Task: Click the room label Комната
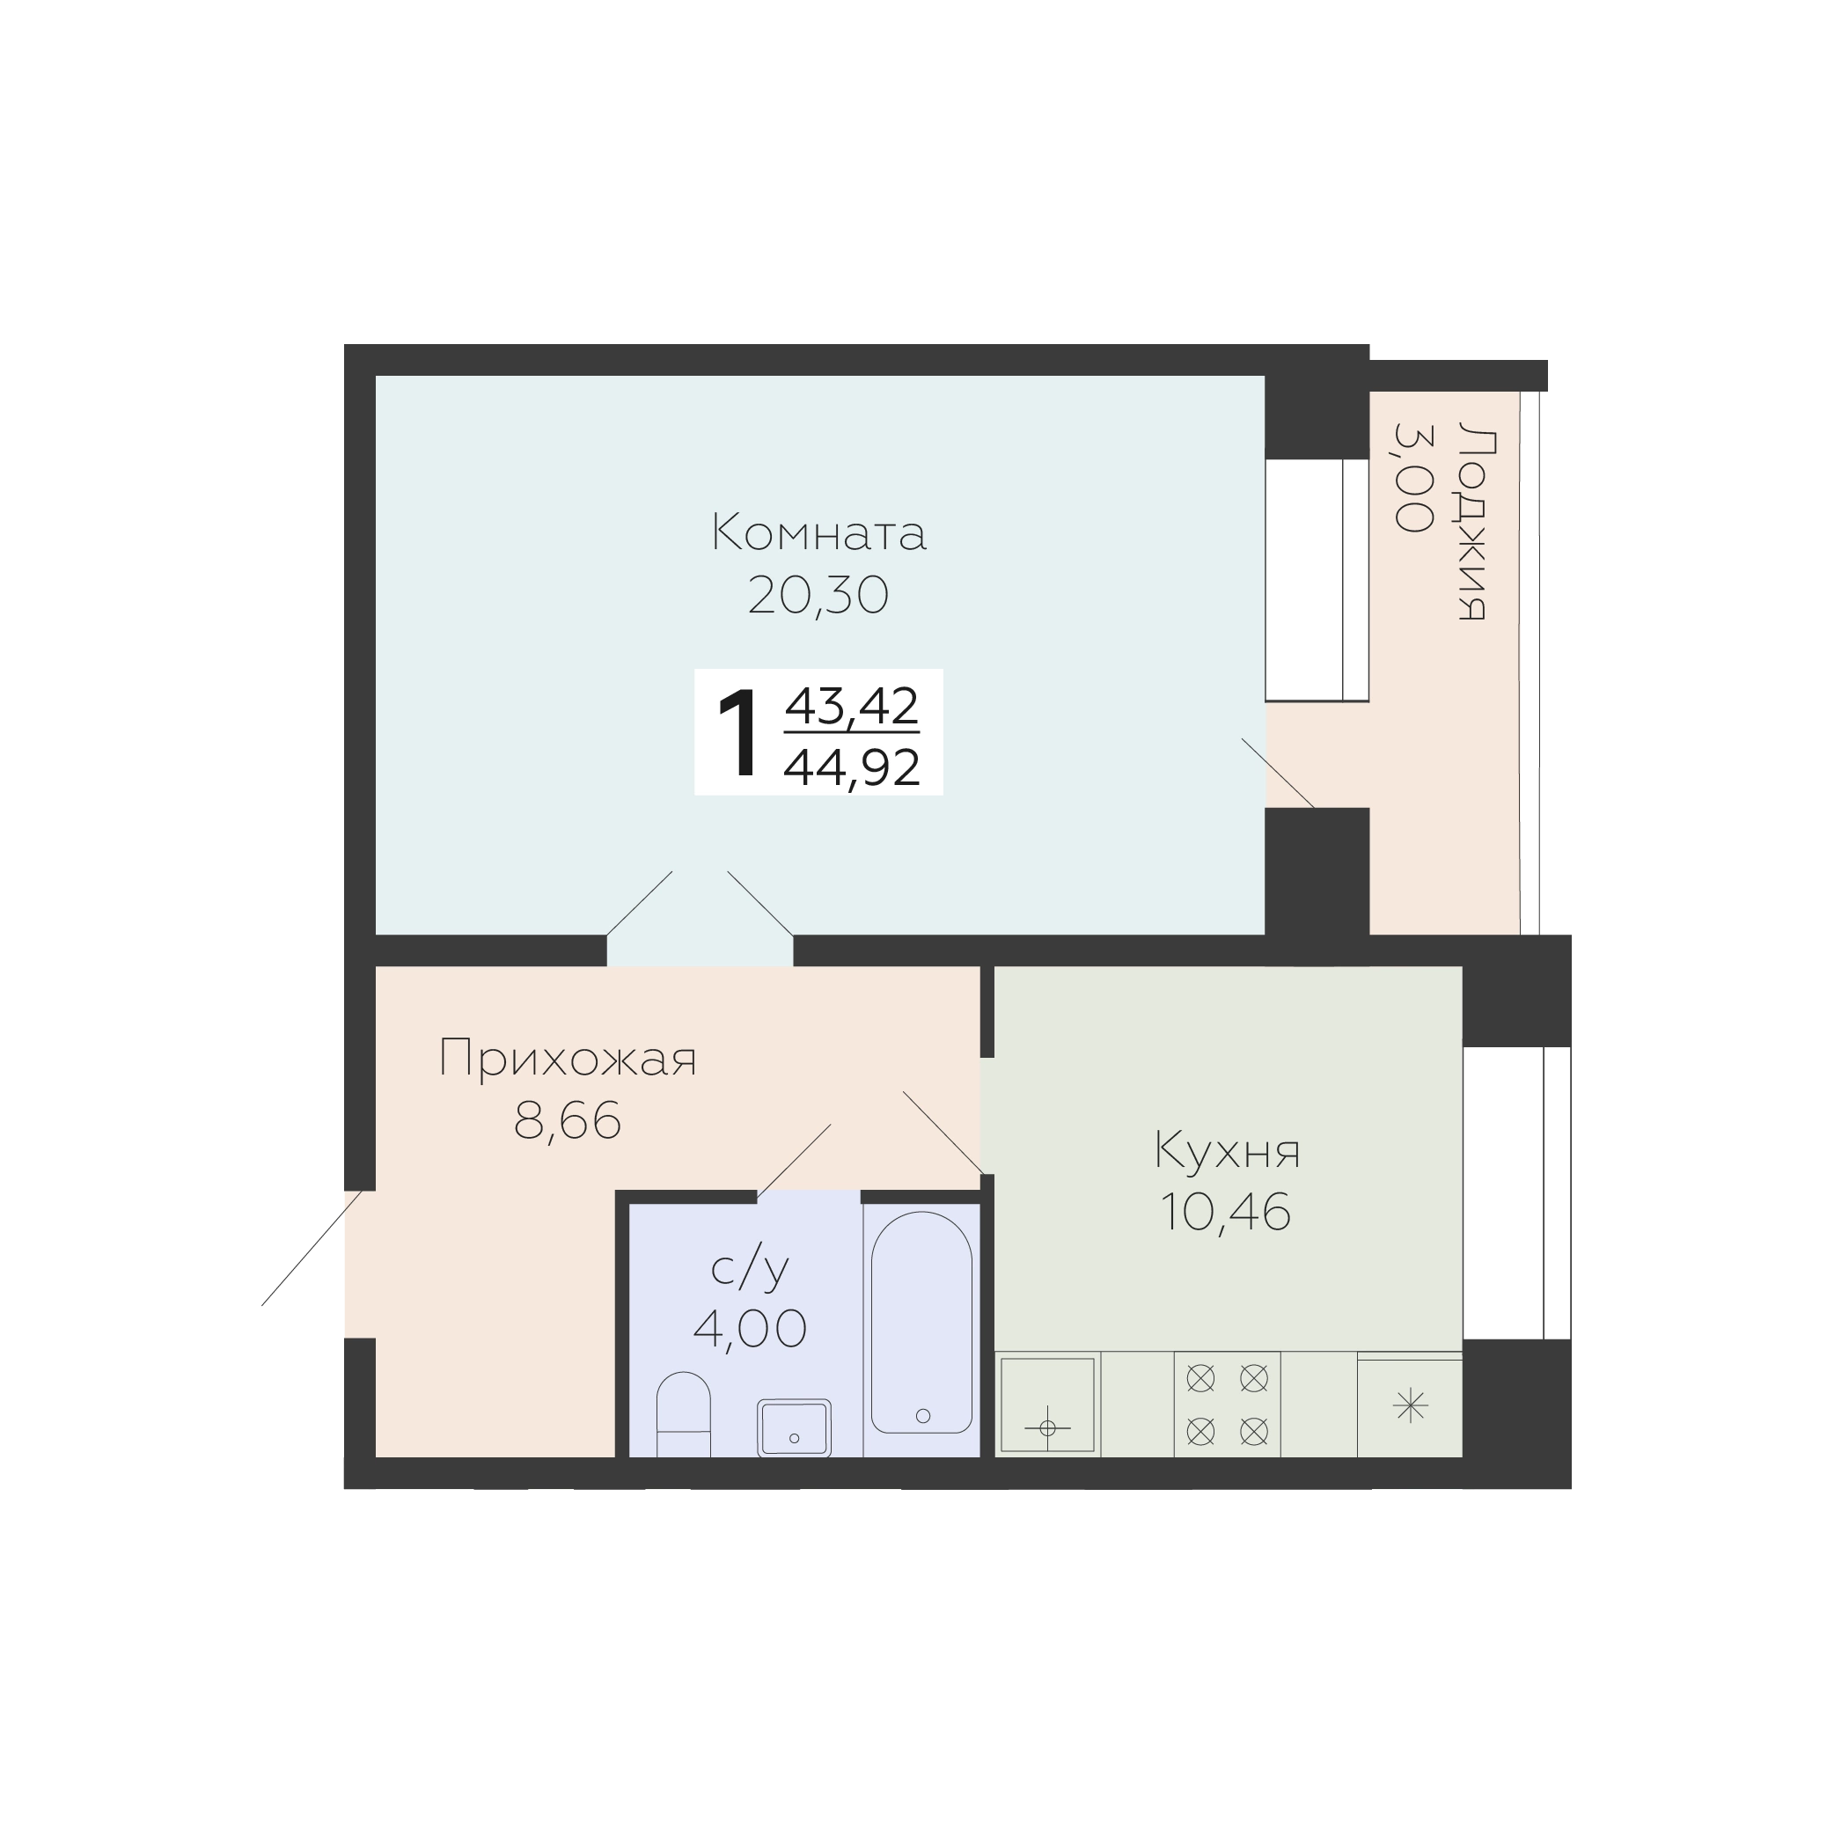pyautogui.click(x=818, y=532)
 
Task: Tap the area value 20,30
pyautogui.click(x=818, y=596)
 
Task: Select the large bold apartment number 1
pyautogui.click(x=739, y=734)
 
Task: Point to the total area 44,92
pyautogui.click(x=852, y=767)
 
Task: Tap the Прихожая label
pyautogui.click(x=568, y=1059)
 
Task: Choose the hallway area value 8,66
pyautogui.click(x=568, y=1120)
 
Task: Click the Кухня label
pyautogui.click(x=1228, y=1151)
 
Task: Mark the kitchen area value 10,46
pyautogui.click(x=1226, y=1212)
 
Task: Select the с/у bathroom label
pyautogui.click(x=750, y=1269)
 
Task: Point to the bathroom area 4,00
pyautogui.click(x=750, y=1328)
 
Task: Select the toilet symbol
pyautogui.click(x=684, y=1413)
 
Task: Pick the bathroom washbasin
pyautogui.click(x=794, y=1427)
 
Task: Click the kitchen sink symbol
pyautogui.click(x=1047, y=1405)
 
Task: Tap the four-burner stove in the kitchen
pyautogui.click(x=1228, y=1404)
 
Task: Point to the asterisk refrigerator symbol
pyautogui.click(x=1411, y=1406)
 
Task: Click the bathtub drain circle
pyautogui.click(x=922, y=1415)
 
